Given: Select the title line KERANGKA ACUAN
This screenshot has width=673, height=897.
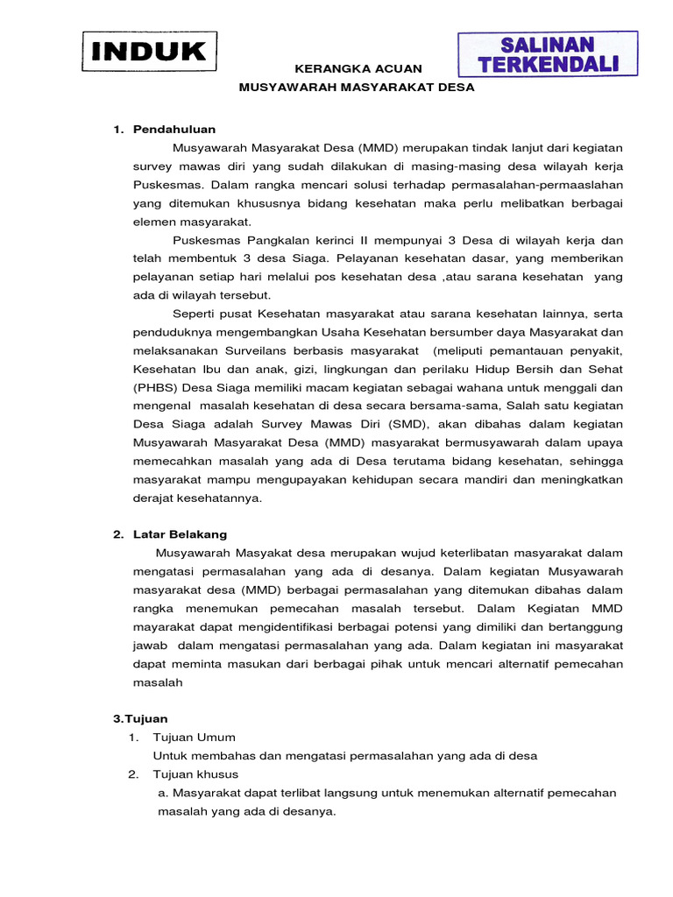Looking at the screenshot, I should [357, 68].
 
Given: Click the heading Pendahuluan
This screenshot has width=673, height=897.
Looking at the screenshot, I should [174, 130].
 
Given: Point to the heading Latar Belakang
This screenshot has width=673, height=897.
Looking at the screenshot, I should [180, 533].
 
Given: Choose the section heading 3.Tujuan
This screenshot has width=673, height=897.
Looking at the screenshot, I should [140, 718].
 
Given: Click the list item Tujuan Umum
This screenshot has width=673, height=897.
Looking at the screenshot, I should [194, 737].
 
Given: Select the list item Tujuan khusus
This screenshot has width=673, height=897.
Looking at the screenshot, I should [195, 774].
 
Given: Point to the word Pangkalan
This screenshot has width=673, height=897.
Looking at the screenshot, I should [269, 240].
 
